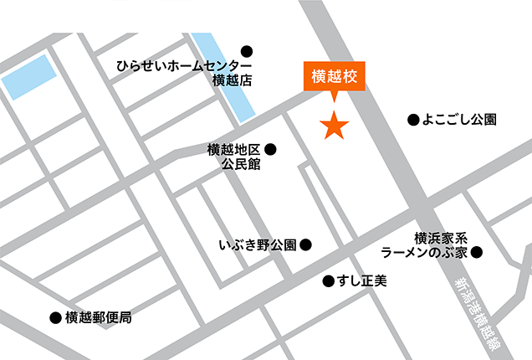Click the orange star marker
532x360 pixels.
[x=335, y=126]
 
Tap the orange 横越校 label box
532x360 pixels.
[x=335, y=75]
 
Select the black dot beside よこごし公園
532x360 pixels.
[x=412, y=120]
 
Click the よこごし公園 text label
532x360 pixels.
[x=459, y=120]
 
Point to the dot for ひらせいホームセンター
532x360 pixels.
[x=246, y=51]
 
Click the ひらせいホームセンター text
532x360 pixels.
[x=184, y=66]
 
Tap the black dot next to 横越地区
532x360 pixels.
[x=269, y=150]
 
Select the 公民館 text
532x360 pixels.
[x=241, y=165]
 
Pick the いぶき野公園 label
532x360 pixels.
[x=258, y=245]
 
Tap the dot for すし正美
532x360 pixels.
[x=327, y=280]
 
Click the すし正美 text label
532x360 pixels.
[x=363, y=280]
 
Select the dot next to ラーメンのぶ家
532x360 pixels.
[x=476, y=251]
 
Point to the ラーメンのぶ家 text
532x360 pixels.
[x=424, y=252]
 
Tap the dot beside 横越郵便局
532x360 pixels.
[x=55, y=318]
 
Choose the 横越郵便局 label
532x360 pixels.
[x=99, y=318]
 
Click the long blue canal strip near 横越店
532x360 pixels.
[x=226, y=76]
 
